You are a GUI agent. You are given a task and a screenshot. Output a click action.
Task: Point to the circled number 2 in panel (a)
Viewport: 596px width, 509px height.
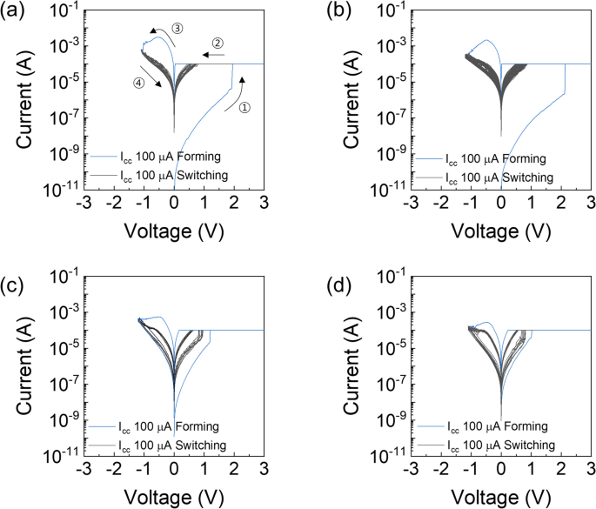(x=218, y=42)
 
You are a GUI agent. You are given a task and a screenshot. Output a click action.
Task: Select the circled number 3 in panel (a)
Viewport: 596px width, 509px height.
(x=177, y=29)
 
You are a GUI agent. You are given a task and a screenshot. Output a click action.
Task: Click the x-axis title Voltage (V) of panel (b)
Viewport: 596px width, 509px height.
(x=499, y=231)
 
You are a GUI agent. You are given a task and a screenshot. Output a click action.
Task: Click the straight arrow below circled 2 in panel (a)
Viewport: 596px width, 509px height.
(x=214, y=54)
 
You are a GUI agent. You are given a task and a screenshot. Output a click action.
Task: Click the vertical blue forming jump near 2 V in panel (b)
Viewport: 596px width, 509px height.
(x=565, y=78)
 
